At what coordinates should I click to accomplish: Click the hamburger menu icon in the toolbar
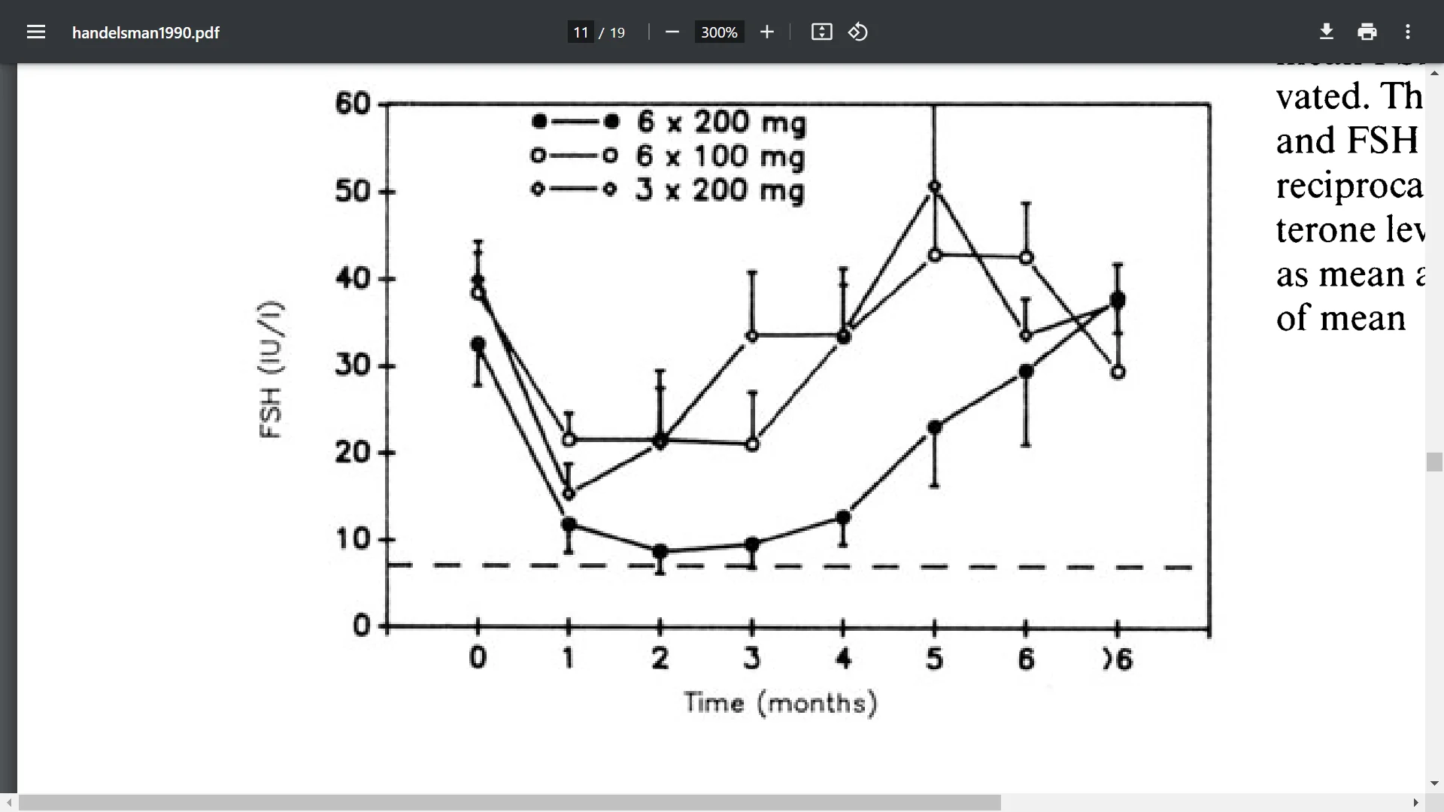[x=36, y=32]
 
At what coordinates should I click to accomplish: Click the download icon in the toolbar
[x=1327, y=32]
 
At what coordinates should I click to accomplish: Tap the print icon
[x=1367, y=32]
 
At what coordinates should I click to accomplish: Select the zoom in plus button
[x=766, y=32]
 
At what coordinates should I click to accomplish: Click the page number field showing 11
[x=581, y=32]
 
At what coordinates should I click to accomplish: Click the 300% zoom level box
[x=719, y=32]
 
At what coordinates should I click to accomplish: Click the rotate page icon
[x=858, y=32]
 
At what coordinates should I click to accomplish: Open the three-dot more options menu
[x=1408, y=32]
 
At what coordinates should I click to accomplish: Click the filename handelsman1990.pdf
[x=146, y=32]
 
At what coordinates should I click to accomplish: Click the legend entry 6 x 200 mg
[x=720, y=122]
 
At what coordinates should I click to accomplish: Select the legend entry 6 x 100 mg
[x=720, y=156]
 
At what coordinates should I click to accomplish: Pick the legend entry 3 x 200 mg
[x=719, y=190]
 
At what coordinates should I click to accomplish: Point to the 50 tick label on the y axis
[x=353, y=191]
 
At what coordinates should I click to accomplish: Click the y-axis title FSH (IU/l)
[x=270, y=369]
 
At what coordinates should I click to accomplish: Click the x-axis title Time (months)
[x=780, y=703]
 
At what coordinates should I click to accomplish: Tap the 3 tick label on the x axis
[x=751, y=659]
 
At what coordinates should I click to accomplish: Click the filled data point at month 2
[x=660, y=552]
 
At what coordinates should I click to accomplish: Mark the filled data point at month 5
[x=935, y=427]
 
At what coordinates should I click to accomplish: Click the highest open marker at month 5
[x=935, y=186]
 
